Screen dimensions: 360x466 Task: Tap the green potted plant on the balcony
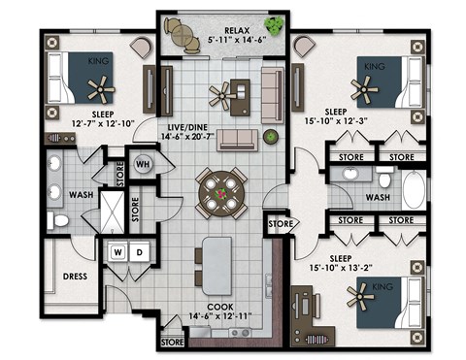pos(277,25)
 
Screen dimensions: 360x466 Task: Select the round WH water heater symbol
pos(141,164)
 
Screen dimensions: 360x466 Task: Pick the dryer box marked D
pos(139,251)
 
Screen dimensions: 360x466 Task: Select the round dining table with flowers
pos(223,192)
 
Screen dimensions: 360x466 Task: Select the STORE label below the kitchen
pos(172,342)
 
